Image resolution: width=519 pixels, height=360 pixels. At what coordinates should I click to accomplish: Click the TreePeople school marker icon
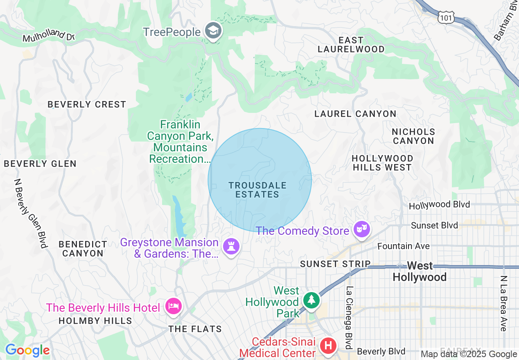213,31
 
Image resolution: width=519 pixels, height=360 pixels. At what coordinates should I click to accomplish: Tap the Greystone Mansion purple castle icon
231,246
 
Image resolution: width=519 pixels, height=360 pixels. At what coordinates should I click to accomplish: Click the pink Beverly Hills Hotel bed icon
174,306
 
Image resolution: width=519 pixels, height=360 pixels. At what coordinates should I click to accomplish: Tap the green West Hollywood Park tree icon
312,300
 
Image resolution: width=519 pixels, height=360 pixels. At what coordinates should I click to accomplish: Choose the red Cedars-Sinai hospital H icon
328,346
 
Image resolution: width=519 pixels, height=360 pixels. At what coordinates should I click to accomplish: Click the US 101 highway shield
445,17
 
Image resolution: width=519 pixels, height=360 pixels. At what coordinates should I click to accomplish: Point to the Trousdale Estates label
257,190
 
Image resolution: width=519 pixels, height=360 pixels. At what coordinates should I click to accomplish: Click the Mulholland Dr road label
48,36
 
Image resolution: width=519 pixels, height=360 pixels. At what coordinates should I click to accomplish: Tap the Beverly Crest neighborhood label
87,104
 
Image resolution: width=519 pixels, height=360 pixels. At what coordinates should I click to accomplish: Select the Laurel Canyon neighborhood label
355,114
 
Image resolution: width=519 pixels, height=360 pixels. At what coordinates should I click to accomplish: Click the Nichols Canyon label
413,136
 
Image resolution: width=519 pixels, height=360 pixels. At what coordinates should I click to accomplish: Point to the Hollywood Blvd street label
439,205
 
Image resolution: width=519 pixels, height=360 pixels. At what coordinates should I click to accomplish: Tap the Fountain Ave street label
403,246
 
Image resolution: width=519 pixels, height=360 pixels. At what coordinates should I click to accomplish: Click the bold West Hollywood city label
420,271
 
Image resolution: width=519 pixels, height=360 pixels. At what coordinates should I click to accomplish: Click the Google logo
27,350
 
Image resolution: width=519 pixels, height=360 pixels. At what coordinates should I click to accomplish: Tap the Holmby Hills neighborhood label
95,321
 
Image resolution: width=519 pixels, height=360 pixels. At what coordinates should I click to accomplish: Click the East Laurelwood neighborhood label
351,45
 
